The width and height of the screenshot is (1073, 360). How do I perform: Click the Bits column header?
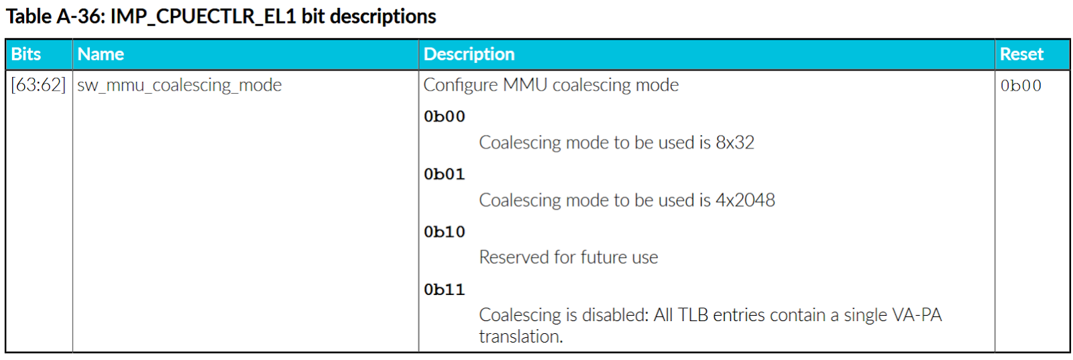[26, 54]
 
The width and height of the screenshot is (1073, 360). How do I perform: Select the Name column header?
[101, 54]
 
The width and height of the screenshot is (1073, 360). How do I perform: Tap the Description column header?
[469, 54]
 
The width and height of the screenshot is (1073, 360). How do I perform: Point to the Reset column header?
[1021, 54]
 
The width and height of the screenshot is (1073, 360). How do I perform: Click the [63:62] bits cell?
[38, 85]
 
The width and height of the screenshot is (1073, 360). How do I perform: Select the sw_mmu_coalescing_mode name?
[179, 85]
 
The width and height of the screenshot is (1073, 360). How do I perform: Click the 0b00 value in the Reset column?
[1021, 86]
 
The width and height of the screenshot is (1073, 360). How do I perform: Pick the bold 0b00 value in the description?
[444, 117]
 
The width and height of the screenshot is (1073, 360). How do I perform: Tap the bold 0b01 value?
[444, 174]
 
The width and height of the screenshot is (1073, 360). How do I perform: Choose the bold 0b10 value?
[444, 232]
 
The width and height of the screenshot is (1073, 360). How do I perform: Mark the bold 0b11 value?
[444, 290]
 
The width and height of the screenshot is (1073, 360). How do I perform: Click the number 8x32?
[734, 143]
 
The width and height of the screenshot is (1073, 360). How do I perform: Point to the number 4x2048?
[745, 200]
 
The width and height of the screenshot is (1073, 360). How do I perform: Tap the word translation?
[520, 337]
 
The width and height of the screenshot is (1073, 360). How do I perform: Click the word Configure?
[460, 85]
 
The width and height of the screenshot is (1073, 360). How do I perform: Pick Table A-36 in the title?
[54, 16]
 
